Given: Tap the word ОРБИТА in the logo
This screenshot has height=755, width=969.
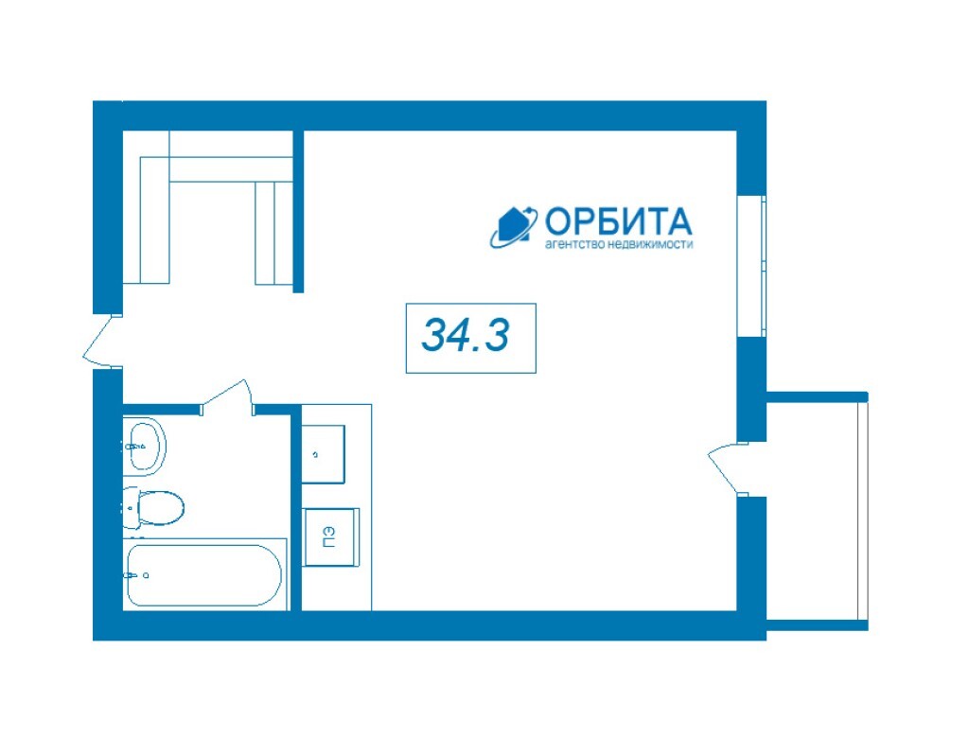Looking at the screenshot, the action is (618, 220).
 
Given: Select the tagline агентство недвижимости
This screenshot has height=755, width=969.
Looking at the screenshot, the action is (618, 244).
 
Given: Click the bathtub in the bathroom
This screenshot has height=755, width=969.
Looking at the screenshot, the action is (204, 575).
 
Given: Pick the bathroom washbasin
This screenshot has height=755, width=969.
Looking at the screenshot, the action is (145, 446).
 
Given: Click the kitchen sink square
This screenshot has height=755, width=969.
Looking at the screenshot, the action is (323, 454).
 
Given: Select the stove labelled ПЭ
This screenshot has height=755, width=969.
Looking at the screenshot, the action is (331, 536).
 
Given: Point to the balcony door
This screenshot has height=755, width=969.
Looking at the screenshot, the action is (726, 469).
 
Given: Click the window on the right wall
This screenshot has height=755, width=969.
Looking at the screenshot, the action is (752, 266).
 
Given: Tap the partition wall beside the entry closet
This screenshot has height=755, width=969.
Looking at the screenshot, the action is (298, 211).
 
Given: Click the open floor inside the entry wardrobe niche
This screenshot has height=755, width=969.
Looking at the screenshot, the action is (212, 233).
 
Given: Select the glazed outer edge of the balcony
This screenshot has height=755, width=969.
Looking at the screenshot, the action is (863, 512).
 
